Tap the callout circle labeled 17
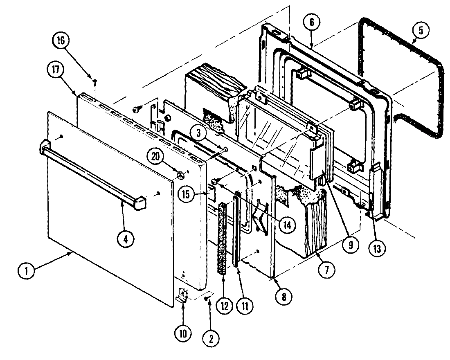coord(56,70)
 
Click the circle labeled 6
coord(311,23)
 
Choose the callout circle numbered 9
coord(351,245)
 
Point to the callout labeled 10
coord(182,333)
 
